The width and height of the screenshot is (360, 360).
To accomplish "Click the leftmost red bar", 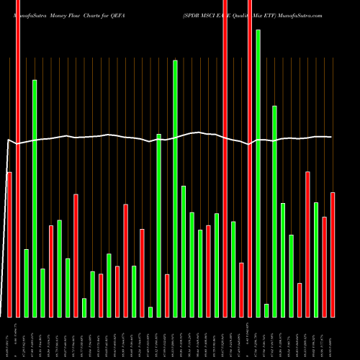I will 9,245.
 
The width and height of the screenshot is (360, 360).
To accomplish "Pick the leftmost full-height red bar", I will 18,158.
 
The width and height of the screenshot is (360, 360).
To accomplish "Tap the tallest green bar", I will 258,173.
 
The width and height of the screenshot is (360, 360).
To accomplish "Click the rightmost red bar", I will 333,255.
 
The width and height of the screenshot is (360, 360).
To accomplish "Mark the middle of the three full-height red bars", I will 225,158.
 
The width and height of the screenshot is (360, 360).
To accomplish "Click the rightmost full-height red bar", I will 250,158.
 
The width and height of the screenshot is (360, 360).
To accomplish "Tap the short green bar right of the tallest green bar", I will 266,310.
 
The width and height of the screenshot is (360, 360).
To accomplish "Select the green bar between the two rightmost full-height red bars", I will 233,269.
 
